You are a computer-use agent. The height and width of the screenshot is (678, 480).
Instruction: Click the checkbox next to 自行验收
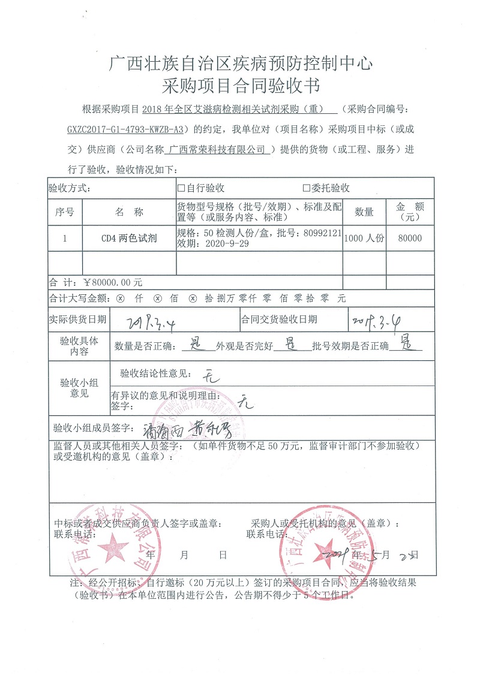coord(181,188)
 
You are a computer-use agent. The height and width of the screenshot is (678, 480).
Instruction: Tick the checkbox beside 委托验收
coord(306,188)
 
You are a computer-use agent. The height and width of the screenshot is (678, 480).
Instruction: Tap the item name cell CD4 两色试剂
coord(128,238)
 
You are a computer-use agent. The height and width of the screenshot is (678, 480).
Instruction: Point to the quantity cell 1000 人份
coord(364,238)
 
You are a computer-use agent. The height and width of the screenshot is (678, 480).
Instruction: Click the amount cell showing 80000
coord(410,238)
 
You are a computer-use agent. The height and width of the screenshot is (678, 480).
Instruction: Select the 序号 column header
coord(64,212)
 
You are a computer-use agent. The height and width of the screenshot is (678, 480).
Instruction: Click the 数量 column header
coord(364,212)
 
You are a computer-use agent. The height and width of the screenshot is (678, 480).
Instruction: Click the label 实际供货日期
coord(78,320)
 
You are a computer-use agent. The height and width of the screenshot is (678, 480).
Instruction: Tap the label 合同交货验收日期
coord(280,320)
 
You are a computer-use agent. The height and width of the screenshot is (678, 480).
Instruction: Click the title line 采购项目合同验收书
coord(240,85)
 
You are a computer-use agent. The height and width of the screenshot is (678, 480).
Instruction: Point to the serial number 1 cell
coord(64,238)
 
